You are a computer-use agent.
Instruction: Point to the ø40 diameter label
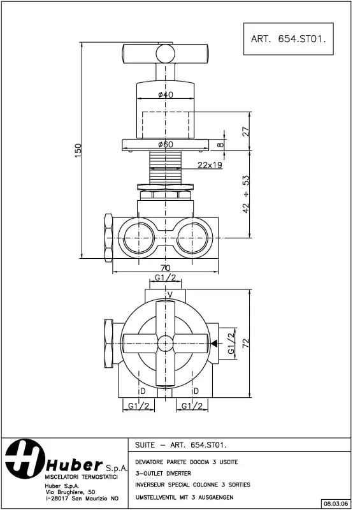[x=166, y=95]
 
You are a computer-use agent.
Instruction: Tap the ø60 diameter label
[x=166, y=145]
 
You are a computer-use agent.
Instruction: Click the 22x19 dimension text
[x=210, y=165]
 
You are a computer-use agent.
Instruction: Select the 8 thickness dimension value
[x=221, y=145]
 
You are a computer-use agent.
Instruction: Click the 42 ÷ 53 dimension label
[x=247, y=194]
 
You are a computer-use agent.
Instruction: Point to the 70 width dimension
[x=166, y=268]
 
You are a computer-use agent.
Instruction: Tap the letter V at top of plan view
[x=169, y=294]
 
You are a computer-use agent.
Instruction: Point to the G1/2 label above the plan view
[x=165, y=279]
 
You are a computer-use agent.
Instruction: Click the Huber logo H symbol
[x=24, y=459]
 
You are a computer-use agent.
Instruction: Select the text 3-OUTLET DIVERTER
[x=163, y=473]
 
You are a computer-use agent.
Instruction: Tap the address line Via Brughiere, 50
[x=70, y=492]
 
